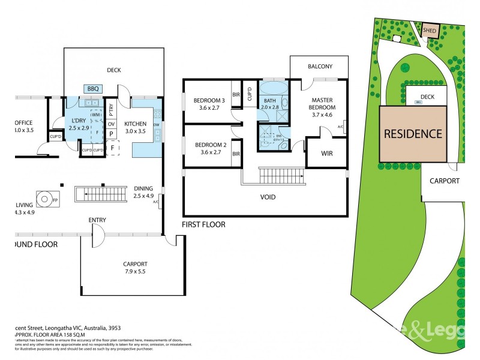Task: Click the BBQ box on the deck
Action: pyautogui.click(x=93, y=88)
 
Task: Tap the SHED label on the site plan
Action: pyautogui.click(x=430, y=29)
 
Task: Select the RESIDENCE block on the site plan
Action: pyautogui.click(x=413, y=134)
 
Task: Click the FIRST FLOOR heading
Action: pyautogui.click(x=203, y=224)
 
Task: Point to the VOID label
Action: pyautogui.click(x=268, y=197)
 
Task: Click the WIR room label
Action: pyautogui.click(x=326, y=154)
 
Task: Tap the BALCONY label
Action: pyautogui.click(x=320, y=67)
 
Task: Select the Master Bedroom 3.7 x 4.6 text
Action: pyautogui.click(x=323, y=108)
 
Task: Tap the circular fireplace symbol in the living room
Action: pyautogui.click(x=44, y=197)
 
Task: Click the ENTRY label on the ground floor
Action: pyautogui.click(x=97, y=220)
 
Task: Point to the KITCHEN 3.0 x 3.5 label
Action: pyautogui.click(x=135, y=127)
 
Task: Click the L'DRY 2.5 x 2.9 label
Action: pyautogui.click(x=79, y=124)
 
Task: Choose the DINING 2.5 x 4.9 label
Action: pyautogui.click(x=143, y=191)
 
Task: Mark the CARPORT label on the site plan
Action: pyautogui.click(x=445, y=181)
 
